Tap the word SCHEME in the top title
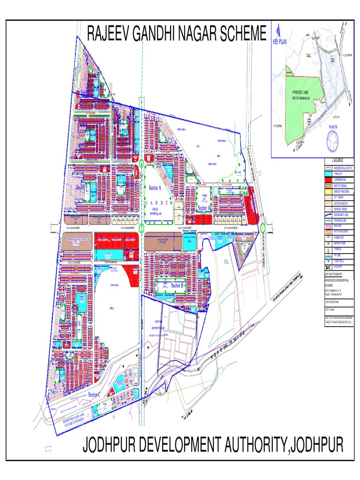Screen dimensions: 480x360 241,34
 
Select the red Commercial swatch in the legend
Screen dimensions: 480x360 329,180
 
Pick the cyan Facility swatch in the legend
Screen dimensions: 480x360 329,174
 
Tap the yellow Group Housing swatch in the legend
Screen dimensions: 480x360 329,192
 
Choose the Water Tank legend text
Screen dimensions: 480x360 341,244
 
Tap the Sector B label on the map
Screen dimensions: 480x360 179,285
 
